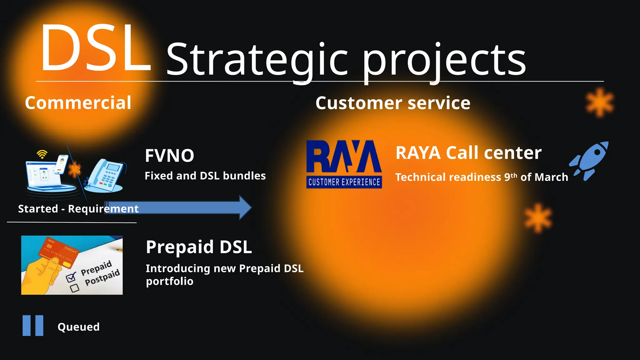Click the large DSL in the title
[95, 48]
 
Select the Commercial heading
[78, 103]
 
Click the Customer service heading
[392, 103]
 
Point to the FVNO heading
[169, 156]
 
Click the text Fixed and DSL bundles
[205, 176]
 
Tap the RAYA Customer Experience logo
[344, 164]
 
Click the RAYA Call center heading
[468, 153]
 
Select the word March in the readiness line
[551, 177]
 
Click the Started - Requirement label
[78, 209]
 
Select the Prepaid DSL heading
[199, 247]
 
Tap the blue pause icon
[33, 326]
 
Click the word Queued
[78, 327]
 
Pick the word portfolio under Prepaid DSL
[170, 281]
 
